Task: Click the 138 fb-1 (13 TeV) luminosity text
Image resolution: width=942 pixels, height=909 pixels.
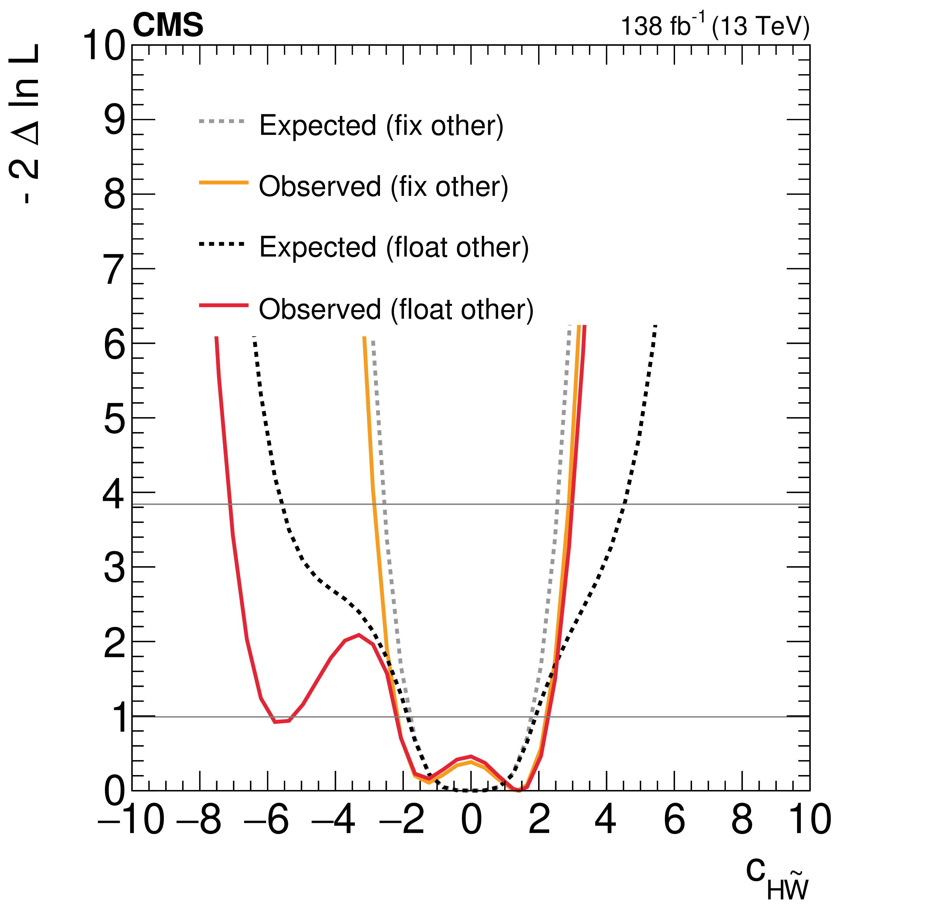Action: pos(715,26)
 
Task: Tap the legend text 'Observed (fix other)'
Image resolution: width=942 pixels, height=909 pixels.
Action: pos(383,187)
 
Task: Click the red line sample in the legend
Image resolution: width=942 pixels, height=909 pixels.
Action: pos(224,305)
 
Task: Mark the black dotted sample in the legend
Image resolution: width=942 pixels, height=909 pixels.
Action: pos(222,244)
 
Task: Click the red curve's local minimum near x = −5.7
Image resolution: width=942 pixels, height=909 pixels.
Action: pos(275,722)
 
